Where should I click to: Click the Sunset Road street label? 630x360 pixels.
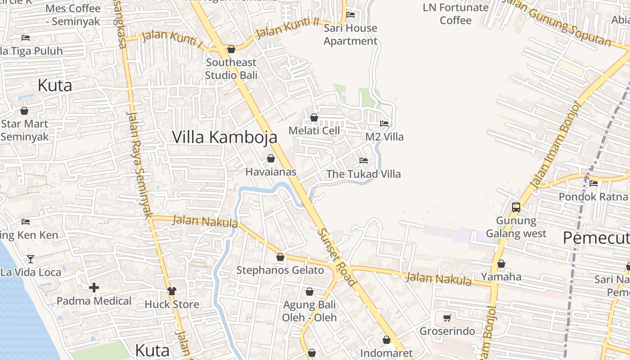[337, 257]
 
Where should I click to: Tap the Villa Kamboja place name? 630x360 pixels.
[225, 137]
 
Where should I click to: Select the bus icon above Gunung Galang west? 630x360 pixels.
[516, 207]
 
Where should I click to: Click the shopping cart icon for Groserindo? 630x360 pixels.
[447, 318]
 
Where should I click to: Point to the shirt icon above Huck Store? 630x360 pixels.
[171, 291]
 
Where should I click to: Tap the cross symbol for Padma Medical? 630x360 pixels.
[94, 288]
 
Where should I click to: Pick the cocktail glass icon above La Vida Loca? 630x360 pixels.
[30, 259]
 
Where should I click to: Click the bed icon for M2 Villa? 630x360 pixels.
[384, 123]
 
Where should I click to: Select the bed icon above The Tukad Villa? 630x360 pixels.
[363, 161]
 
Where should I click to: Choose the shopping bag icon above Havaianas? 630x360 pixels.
[271, 158]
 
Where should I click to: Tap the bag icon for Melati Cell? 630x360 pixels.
[314, 117]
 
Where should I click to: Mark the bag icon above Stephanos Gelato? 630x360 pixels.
[280, 257]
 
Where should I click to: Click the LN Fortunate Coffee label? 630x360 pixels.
[455, 14]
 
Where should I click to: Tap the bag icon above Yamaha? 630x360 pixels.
[501, 264]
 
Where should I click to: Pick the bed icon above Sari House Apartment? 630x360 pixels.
[351, 15]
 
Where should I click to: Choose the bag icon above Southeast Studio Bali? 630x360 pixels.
[231, 49]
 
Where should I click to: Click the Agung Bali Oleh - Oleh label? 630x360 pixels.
[309, 311]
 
